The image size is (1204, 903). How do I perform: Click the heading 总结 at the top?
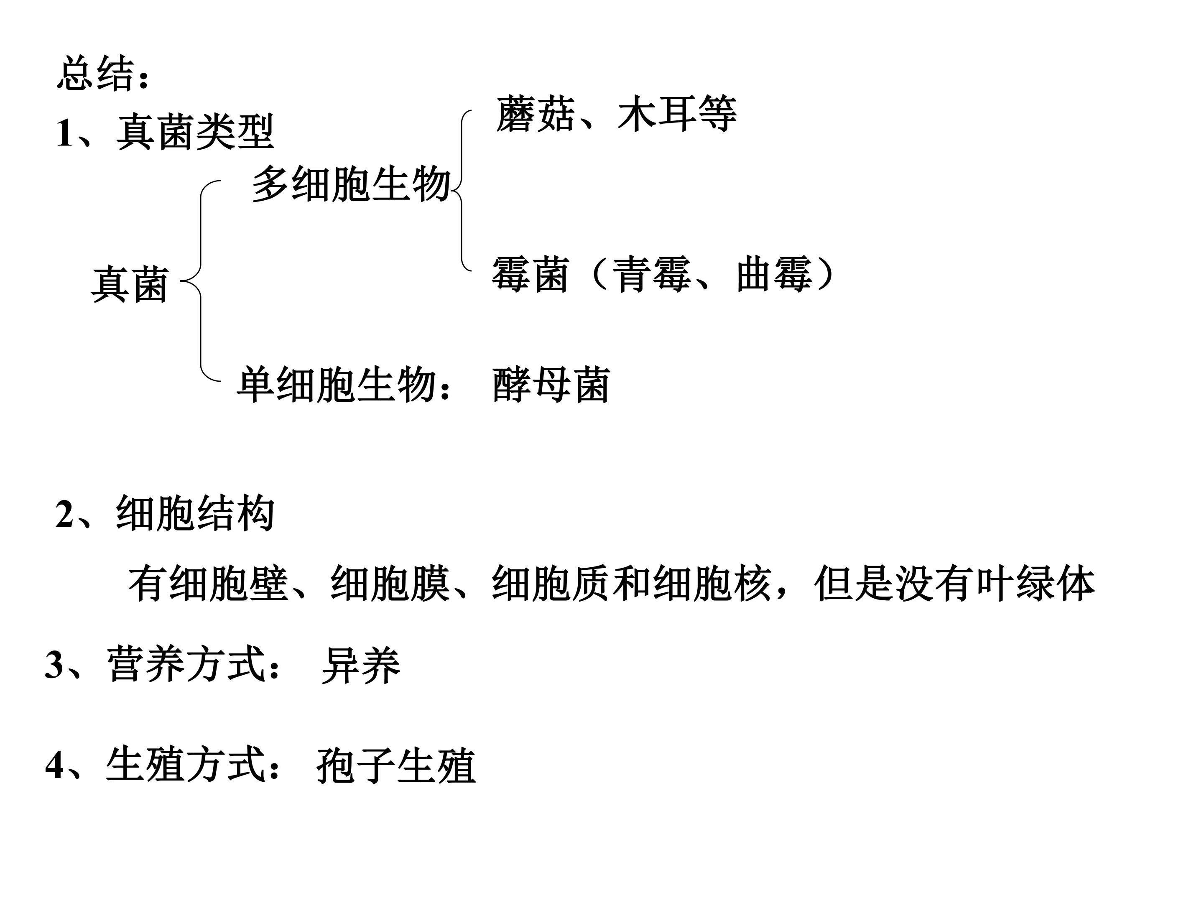(96, 73)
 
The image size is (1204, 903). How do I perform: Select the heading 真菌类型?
(195, 132)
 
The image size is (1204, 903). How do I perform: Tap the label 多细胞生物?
(352, 184)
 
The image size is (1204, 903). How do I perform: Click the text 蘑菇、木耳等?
(616, 114)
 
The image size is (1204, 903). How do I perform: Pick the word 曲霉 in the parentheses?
(775, 274)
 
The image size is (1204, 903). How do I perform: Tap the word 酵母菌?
(551, 385)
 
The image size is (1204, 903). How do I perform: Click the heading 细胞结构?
(195, 513)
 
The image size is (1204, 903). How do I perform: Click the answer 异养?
(361, 665)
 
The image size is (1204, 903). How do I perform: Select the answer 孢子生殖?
(396, 765)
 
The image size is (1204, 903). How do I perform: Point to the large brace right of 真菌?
(201, 281)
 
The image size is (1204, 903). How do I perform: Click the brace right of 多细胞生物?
(462, 191)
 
